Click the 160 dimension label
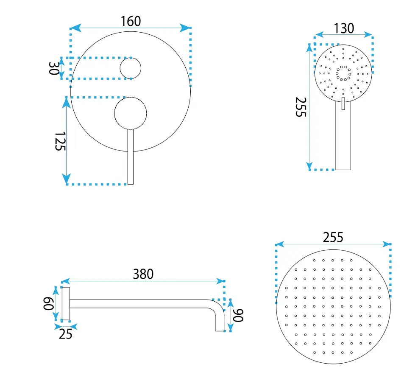(131, 21)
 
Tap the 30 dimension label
(53, 68)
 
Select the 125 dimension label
(60, 141)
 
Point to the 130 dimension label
(344, 28)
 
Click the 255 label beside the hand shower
(301, 107)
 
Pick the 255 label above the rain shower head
(333, 237)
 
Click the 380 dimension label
(143, 274)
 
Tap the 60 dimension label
(48, 304)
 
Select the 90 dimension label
(238, 315)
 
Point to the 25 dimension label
(66, 334)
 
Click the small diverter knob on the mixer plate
(130, 68)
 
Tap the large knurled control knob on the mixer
(130, 113)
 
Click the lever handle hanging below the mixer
(130, 157)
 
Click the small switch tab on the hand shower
(343, 104)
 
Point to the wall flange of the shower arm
(66, 304)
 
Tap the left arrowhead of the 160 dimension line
(75, 28)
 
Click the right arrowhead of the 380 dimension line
(220, 281)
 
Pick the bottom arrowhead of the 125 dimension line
(67, 179)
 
